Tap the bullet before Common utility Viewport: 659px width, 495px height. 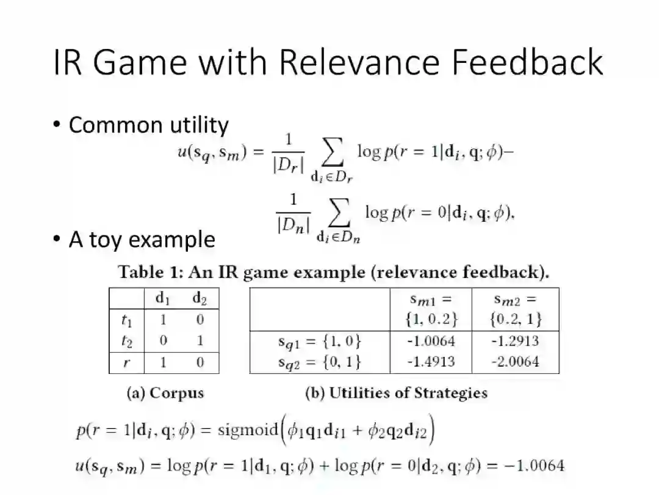(57, 125)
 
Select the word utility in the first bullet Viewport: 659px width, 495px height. (197, 125)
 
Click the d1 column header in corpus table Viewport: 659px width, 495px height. (163, 298)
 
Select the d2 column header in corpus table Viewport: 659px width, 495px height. (200, 298)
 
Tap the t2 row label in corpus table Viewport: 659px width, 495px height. (126, 340)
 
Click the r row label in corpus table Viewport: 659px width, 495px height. (126, 362)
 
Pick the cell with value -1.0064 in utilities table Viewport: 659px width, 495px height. (431, 341)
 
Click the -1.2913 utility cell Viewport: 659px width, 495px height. (515, 341)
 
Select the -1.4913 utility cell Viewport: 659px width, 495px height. (431, 361)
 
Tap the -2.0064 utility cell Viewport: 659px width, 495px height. (515, 361)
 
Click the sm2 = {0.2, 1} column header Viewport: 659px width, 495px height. (515, 309)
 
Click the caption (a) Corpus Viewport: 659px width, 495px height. (165, 393)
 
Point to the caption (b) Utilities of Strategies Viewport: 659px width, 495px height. (396, 393)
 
